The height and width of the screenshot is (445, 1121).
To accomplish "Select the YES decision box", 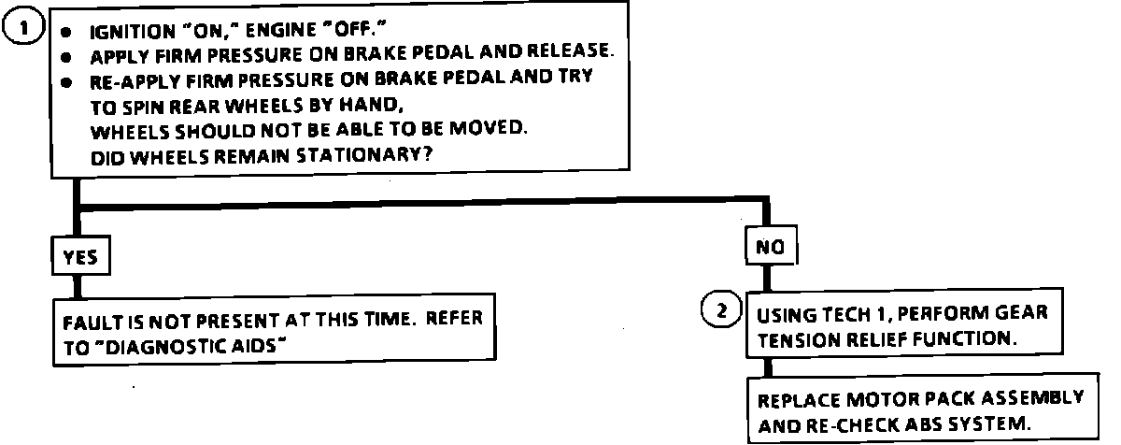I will tap(79, 257).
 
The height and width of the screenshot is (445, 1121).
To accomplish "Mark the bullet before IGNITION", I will tap(66, 30).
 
